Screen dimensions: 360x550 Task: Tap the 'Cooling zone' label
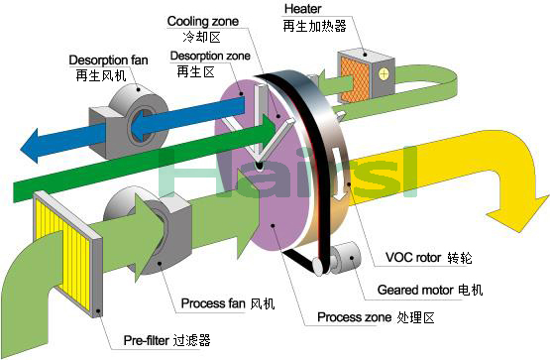[x=202, y=20]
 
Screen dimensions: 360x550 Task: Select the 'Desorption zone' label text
[x=211, y=56]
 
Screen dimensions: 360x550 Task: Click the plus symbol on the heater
[x=382, y=74]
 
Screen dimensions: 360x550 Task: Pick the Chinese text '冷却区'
[x=215, y=38]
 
